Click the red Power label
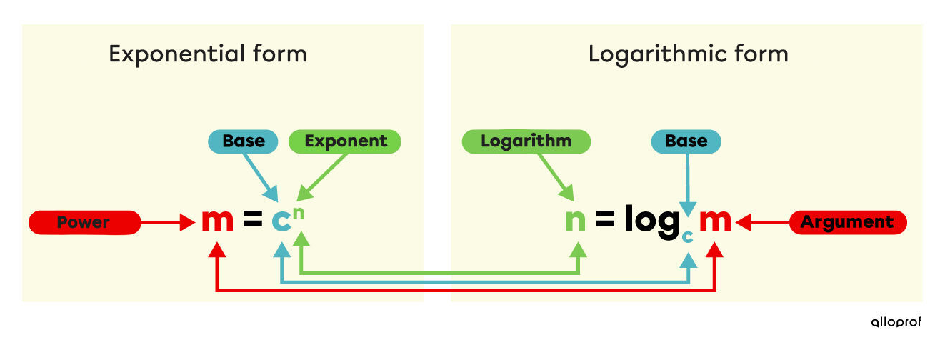point(84,223)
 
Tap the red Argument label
point(847,223)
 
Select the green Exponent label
point(345,141)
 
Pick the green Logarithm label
point(526,141)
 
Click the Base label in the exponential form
point(244,141)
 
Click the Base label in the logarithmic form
point(686,141)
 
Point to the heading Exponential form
point(207,54)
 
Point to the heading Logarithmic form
point(688,54)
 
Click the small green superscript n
point(301,211)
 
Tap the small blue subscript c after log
point(687,236)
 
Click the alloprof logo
point(896,322)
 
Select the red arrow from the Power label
point(168,224)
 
